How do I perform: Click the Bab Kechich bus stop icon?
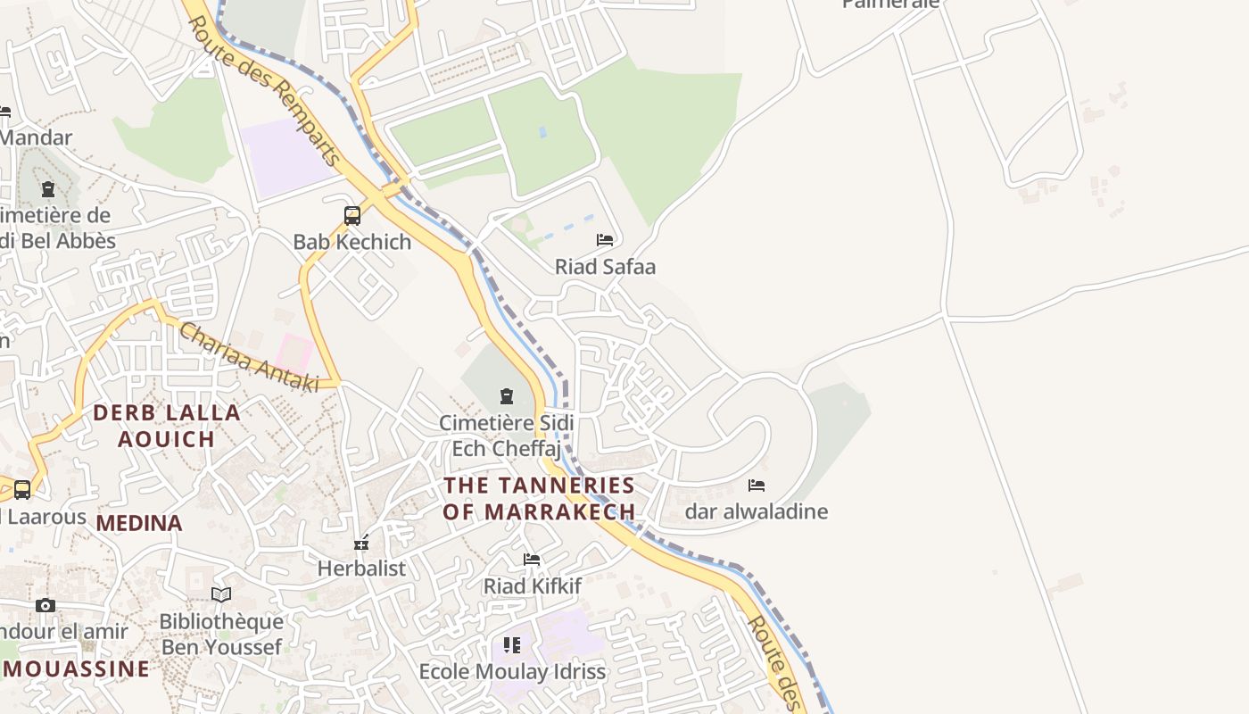coord(352,215)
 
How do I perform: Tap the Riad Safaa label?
coord(605,266)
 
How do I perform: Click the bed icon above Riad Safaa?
coord(605,239)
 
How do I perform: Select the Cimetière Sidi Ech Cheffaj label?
coord(506,435)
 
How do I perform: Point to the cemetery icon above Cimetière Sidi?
coord(507,395)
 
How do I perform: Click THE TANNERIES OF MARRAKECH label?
coord(539,498)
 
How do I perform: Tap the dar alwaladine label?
coord(756,511)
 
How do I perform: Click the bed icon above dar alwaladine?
coord(757,485)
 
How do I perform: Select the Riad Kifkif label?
coord(532,586)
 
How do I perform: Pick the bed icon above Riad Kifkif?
coord(532,560)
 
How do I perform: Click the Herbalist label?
coord(361,568)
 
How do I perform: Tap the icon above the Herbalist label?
coord(361,542)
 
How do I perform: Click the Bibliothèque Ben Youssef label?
coord(221,634)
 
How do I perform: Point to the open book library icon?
coord(221,594)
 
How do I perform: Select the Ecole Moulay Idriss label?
coord(512,671)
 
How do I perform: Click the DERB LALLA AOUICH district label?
coord(167,426)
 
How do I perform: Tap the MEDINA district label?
coord(139,523)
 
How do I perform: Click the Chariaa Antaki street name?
coord(249,357)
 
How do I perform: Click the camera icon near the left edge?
coord(45,605)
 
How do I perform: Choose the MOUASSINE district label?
coord(76,668)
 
